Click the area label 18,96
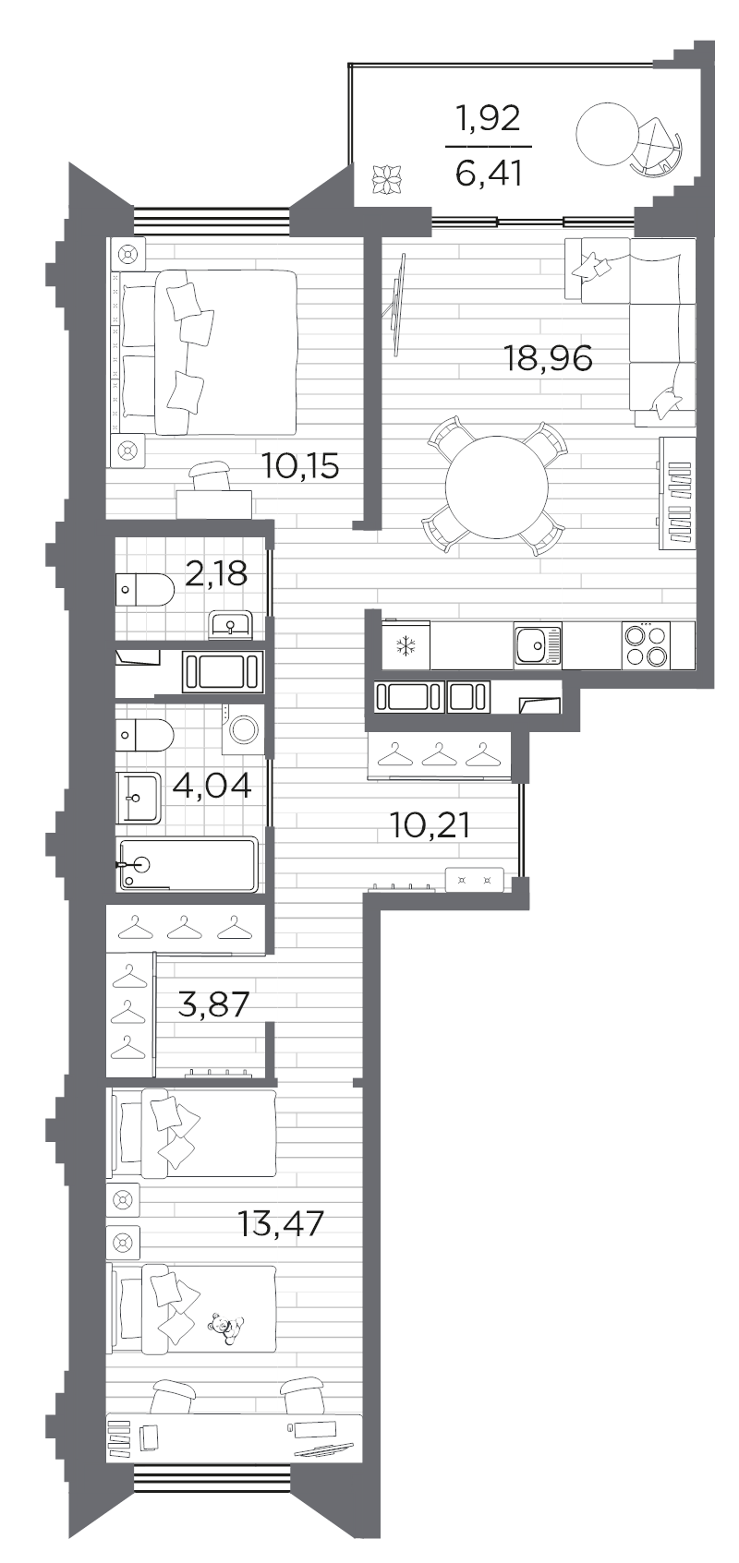(x=548, y=359)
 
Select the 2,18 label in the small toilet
(x=216, y=573)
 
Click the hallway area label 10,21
(x=430, y=825)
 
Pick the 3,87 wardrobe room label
(x=213, y=1005)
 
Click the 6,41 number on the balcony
(x=489, y=174)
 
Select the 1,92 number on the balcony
(x=489, y=120)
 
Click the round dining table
(x=497, y=487)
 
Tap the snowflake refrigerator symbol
(x=406, y=646)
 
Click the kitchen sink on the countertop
(x=538, y=645)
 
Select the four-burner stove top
(x=646, y=645)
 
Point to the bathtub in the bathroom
(x=188, y=865)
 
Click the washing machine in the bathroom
(x=245, y=730)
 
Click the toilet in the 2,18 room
(x=145, y=590)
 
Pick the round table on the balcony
(x=606, y=133)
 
